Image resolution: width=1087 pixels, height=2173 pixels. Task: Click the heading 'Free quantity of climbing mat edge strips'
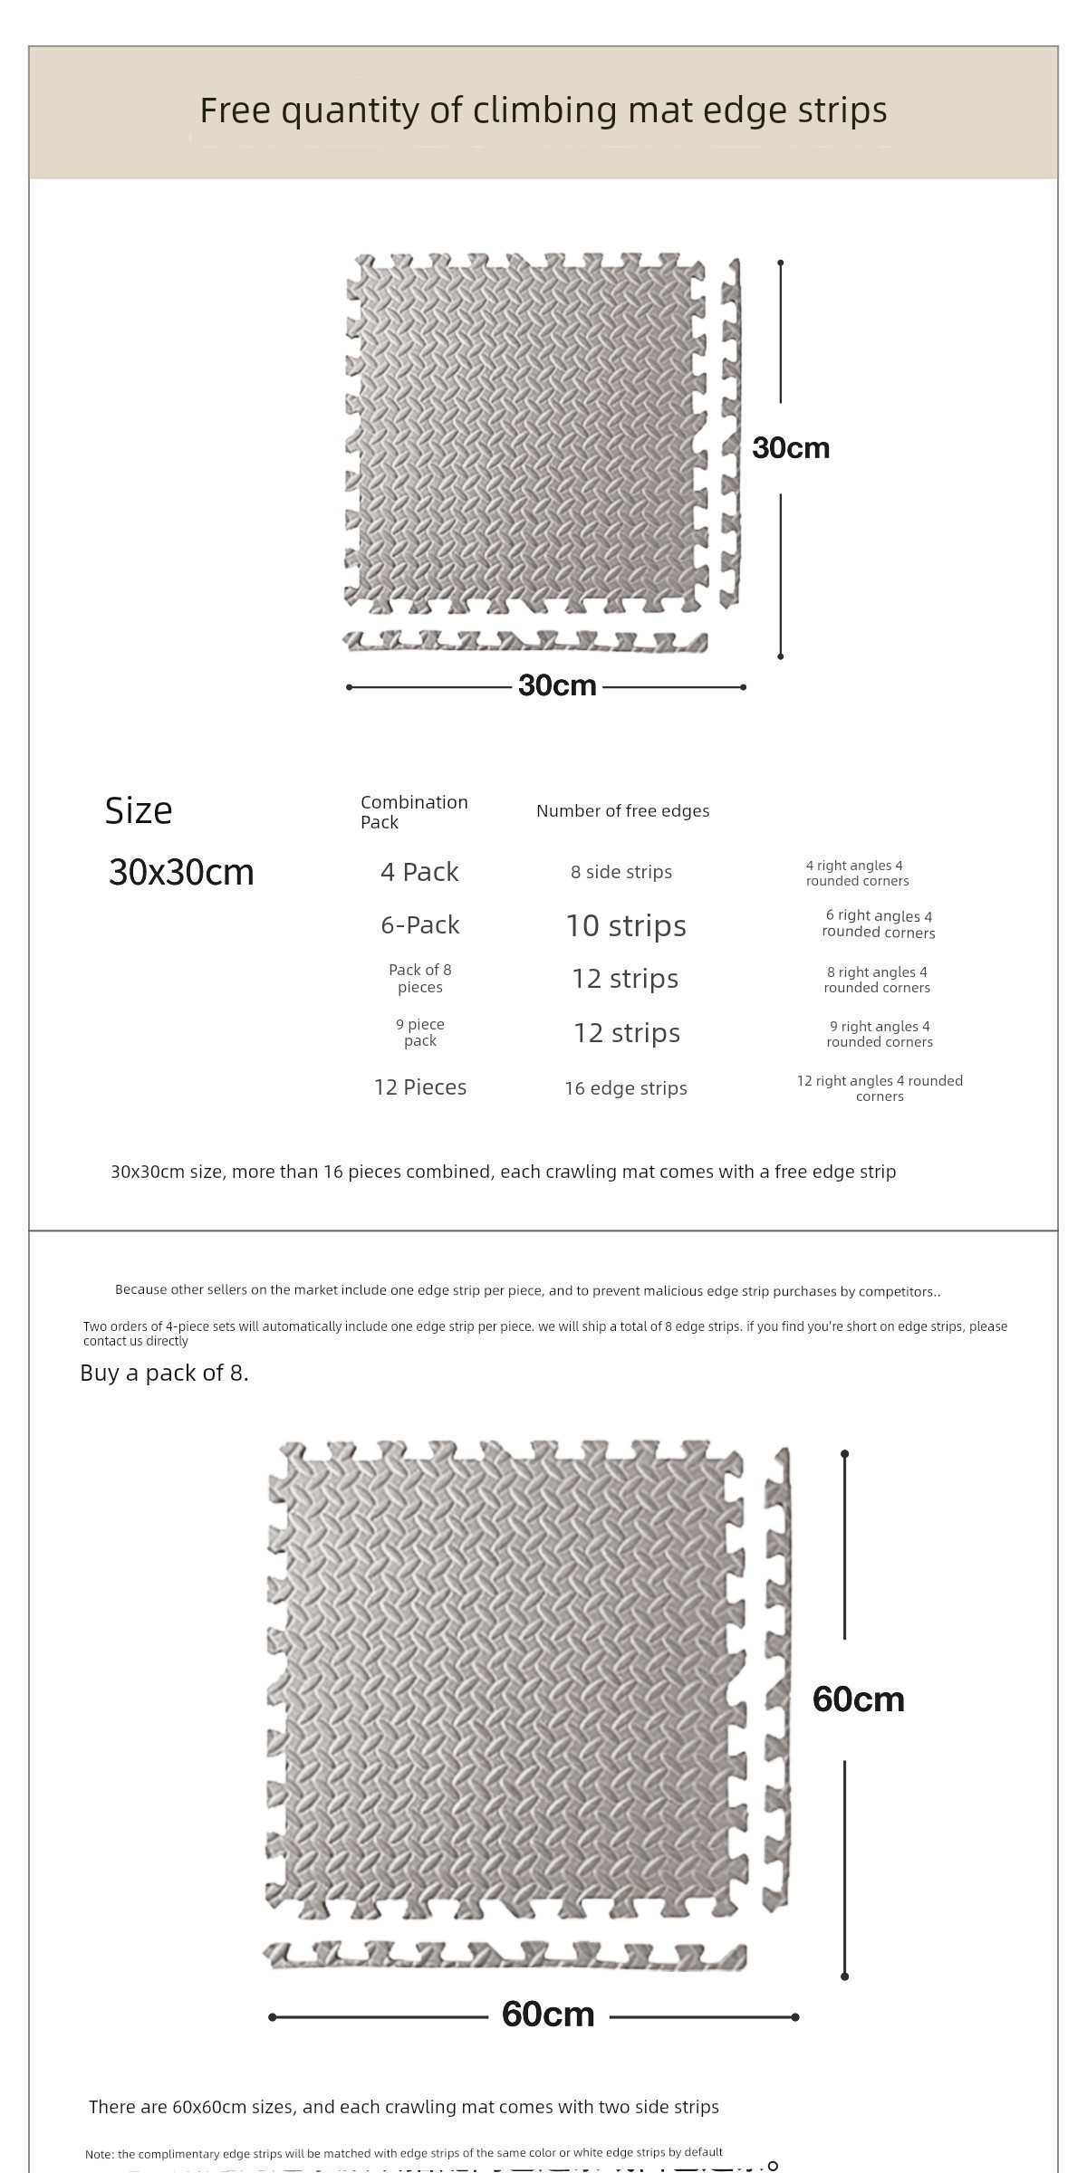[x=543, y=110]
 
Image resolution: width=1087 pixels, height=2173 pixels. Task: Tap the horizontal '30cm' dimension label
[x=557, y=685]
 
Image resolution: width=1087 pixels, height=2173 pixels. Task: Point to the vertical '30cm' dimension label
[x=791, y=447]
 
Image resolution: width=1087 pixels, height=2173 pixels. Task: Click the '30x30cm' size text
[x=181, y=872]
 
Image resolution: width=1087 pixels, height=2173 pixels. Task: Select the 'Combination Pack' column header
[x=414, y=811]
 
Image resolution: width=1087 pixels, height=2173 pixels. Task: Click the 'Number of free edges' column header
[x=622, y=811]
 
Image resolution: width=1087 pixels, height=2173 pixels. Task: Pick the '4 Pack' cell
[x=419, y=872]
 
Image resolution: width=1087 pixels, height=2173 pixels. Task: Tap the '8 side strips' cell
[x=621, y=872]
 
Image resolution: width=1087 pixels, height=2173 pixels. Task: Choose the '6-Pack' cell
[x=420, y=924]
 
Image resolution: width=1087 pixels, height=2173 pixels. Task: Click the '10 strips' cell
[x=626, y=925]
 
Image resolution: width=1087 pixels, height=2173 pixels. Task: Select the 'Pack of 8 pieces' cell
[x=420, y=978]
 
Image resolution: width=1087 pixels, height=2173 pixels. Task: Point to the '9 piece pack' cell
[x=420, y=1032]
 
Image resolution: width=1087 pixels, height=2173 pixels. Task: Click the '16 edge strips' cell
[x=626, y=1088]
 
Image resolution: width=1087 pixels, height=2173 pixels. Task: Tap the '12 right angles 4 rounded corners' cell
[x=880, y=1088]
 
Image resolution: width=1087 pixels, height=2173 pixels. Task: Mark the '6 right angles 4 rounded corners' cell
[x=879, y=924]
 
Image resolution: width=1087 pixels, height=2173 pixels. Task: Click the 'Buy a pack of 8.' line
[x=164, y=1373]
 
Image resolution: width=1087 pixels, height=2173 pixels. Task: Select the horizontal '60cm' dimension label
[x=548, y=2013]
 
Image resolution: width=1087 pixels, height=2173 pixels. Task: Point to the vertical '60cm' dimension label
[x=858, y=1699]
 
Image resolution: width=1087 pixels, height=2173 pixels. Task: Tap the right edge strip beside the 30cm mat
[x=730, y=435]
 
